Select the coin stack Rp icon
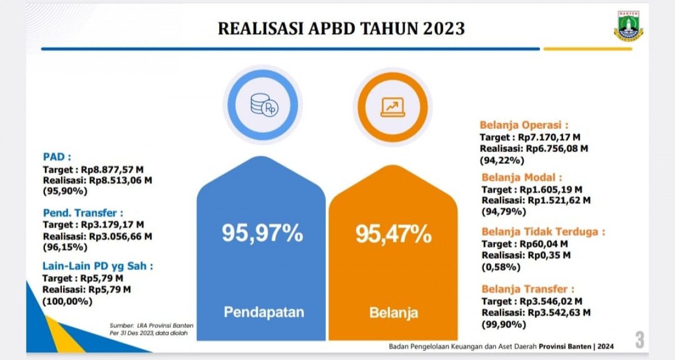pyautogui.click(x=263, y=105)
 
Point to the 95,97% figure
pyautogui.click(x=262, y=233)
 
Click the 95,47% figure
pyautogui.click(x=393, y=233)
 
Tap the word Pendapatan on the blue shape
pyautogui.click(x=264, y=312)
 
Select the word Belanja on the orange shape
pyautogui.click(x=394, y=313)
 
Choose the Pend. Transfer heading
pyautogui.click(x=83, y=213)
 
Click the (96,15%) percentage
pyautogui.click(x=65, y=247)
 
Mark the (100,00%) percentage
pyautogui.click(x=67, y=301)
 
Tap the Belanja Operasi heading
pyautogui.click(x=524, y=125)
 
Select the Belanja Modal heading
pyautogui.click(x=521, y=177)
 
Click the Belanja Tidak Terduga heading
pyautogui.click(x=543, y=231)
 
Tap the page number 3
pyautogui.click(x=640, y=339)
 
